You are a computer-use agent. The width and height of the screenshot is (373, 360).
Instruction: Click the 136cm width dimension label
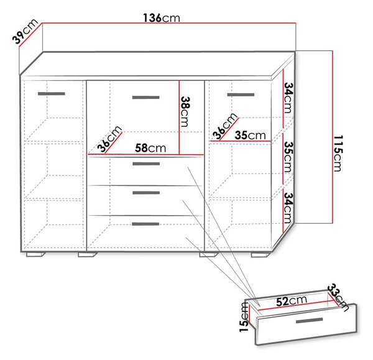pos(162,18)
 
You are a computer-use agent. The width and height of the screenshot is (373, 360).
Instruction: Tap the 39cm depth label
pos(25,31)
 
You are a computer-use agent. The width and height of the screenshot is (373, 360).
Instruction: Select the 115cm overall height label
pos(338,154)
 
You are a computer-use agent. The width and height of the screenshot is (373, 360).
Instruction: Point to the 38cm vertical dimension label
pos(185,111)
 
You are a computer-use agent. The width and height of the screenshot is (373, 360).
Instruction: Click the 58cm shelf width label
pos(150,148)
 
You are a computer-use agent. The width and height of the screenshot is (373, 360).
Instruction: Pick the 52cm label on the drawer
pos(292,301)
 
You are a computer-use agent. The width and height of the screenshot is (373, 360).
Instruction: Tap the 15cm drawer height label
pos(244,316)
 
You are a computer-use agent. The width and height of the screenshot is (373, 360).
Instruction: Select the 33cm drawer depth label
pos(338,297)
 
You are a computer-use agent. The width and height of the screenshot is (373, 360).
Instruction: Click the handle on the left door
pos(52,94)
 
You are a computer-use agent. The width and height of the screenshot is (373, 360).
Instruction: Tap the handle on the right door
pos(241,95)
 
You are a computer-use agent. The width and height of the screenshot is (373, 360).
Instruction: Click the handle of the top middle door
pos(146,98)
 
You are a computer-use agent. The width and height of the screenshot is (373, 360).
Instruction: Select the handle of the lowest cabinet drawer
pos(145,224)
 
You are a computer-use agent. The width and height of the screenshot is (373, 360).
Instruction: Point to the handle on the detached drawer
pos(309,321)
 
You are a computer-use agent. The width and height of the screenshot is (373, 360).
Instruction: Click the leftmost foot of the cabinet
pos(35,254)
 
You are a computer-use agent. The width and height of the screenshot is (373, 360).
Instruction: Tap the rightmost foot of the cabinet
pos(260,255)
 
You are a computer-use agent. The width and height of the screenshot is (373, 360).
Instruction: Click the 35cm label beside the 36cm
pos(251,135)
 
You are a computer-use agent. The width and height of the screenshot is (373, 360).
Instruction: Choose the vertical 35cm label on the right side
pos(288,157)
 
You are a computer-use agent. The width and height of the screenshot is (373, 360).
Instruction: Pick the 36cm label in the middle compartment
pos(109,139)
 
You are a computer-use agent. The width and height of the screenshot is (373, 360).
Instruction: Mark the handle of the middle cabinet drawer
pos(146,193)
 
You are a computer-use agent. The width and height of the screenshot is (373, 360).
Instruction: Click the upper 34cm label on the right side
pos(288,98)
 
